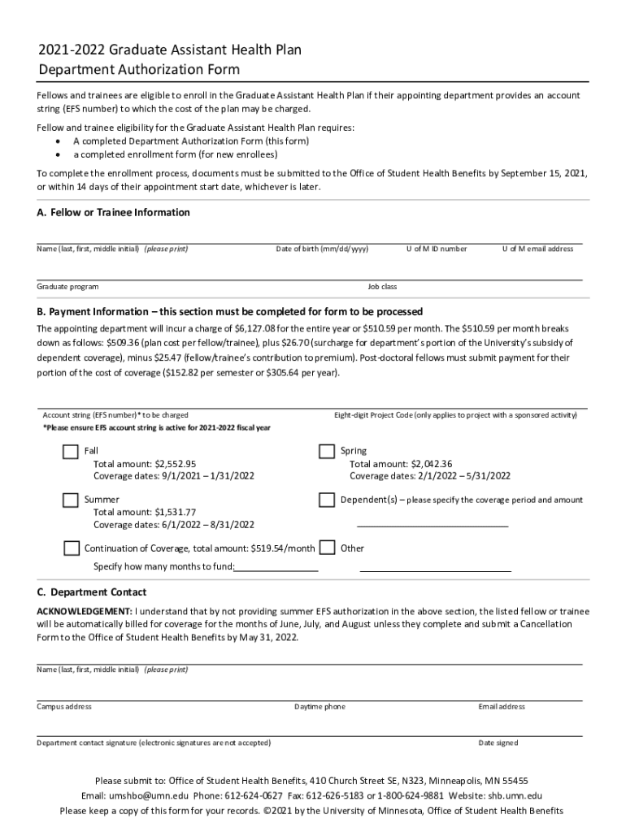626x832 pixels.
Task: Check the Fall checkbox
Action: [x=71, y=452]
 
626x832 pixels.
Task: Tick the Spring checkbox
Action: [x=327, y=452]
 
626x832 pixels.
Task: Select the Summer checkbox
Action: [x=71, y=500]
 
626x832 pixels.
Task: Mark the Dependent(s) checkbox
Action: [x=327, y=500]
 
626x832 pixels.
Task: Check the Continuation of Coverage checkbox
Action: [x=71, y=548]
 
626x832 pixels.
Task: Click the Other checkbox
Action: [x=327, y=548]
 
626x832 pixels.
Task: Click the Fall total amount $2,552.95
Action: [x=145, y=464]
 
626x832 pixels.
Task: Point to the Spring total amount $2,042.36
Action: [x=401, y=464]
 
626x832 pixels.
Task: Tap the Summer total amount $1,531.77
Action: [x=145, y=513]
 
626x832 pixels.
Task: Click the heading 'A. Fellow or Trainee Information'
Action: [x=114, y=213]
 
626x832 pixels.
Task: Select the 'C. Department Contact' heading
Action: [x=92, y=592]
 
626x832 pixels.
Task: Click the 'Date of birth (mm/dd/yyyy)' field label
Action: [x=322, y=249]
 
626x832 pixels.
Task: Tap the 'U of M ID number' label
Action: [x=437, y=249]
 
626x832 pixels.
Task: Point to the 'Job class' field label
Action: [x=382, y=287]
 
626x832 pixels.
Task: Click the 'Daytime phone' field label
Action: [x=320, y=707]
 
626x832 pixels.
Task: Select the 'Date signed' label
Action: [x=498, y=743]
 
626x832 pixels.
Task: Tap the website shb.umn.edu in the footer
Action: [x=515, y=796]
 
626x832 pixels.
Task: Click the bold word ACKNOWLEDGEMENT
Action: [x=84, y=611]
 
